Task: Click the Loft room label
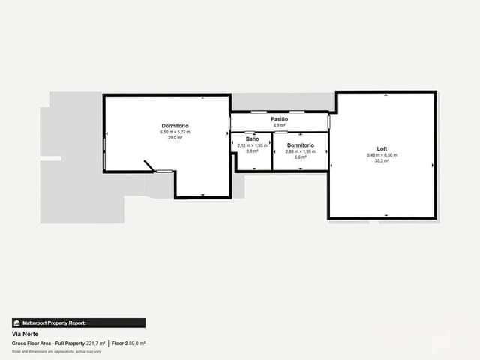[x=382, y=148]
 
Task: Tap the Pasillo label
[x=279, y=119]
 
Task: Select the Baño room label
[x=252, y=139]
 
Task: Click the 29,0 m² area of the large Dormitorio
[x=175, y=138]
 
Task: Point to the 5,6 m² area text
[x=300, y=157]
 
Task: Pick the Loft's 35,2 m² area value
[x=382, y=160]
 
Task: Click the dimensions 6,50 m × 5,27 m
[x=175, y=132]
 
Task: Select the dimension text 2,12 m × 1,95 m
[x=252, y=145]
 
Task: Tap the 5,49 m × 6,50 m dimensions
[x=382, y=154]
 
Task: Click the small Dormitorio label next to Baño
[x=300, y=145]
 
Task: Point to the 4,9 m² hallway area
[x=279, y=125]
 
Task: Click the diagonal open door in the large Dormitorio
[x=150, y=166]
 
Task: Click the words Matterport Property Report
[x=54, y=322]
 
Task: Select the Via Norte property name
[x=25, y=334]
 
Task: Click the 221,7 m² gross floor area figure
[x=95, y=343]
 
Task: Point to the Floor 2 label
[x=119, y=343]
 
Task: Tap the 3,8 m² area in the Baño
[x=252, y=151]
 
